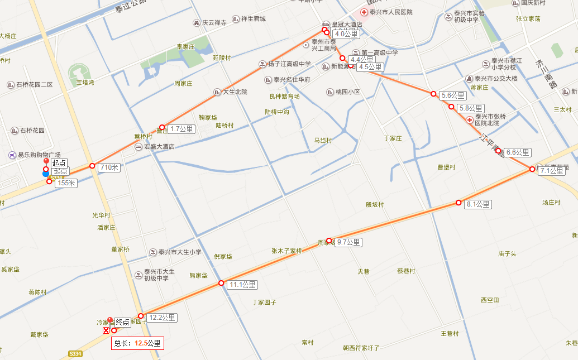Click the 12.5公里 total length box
point(137,343)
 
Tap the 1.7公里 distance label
point(181,129)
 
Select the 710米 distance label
point(109,167)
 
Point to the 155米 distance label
point(66,183)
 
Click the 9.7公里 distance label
point(349,242)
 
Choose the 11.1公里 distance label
point(243,285)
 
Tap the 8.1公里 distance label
point(478,205)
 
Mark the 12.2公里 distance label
point(162,318)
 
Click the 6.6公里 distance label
point(518,152)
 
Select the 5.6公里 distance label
point(453,95)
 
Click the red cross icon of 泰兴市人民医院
point(364,12)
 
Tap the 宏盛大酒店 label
point(159,147)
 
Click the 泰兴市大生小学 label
point(179,252)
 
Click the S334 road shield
point(75,354)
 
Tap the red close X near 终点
point(106,330)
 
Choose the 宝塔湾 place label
point(85,83)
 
